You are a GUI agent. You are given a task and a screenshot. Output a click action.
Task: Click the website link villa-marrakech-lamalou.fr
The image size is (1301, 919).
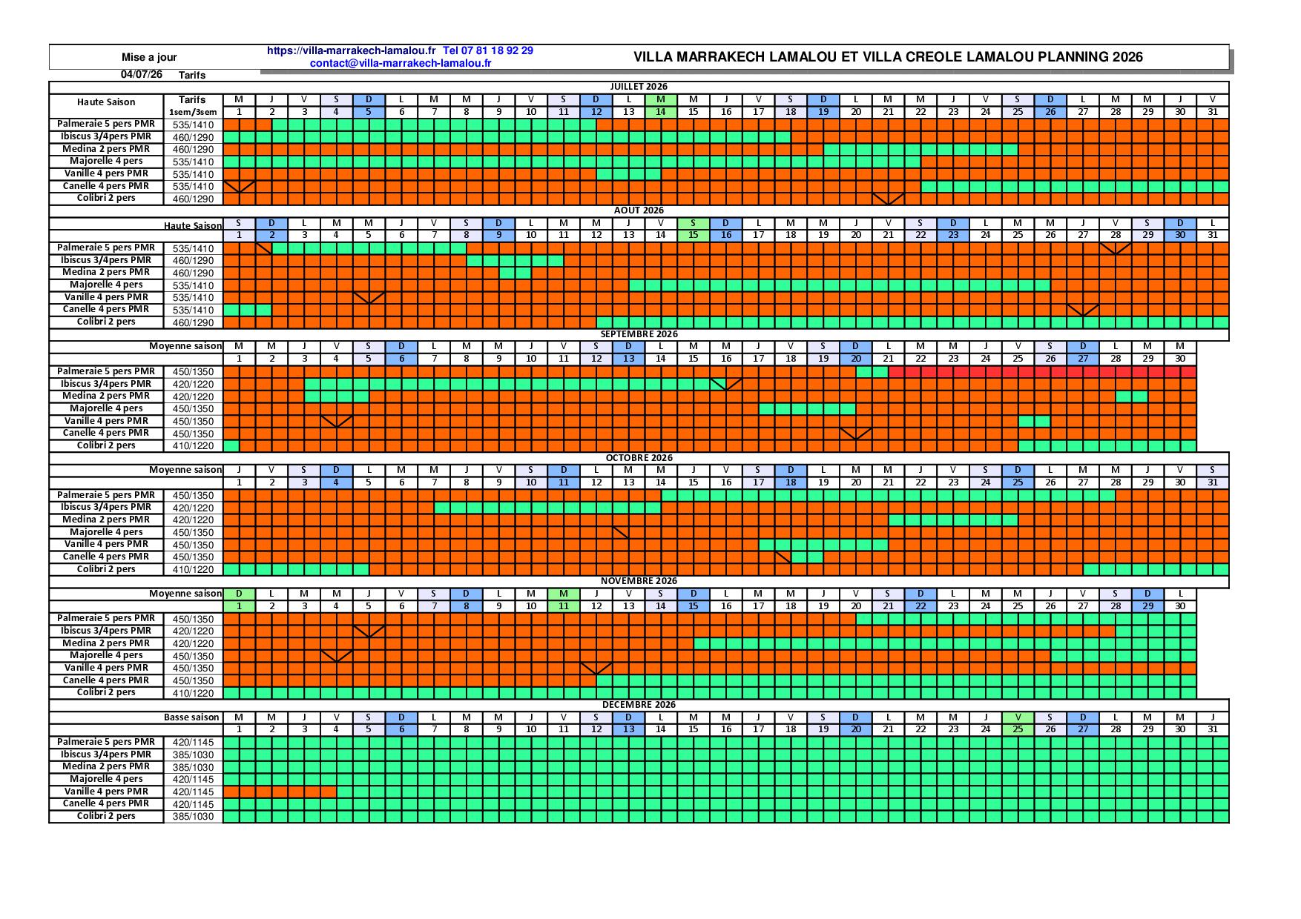[x=351, y=51]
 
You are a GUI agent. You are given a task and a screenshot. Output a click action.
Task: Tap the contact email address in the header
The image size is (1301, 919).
[x=401, y=63]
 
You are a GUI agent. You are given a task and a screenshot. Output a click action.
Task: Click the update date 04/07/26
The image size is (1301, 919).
[x=141, y=75]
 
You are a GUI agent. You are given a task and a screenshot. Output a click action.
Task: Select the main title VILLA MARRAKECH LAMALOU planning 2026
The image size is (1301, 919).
[x=888, y=57]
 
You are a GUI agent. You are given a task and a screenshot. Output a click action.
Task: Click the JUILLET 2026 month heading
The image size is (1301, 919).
[x=639, y=87]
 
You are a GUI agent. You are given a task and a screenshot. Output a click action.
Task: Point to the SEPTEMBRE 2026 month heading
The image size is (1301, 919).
[x=639, y=334]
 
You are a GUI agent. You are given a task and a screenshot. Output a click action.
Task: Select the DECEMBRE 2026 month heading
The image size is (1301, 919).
[x=639, y=705]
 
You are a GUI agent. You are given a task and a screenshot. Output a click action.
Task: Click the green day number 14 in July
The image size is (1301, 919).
[x=661, y=112]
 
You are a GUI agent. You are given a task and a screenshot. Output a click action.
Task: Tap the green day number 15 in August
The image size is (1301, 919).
[x=694, y=236]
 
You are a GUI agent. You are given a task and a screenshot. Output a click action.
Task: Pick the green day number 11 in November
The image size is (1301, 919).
[x=564, y=606]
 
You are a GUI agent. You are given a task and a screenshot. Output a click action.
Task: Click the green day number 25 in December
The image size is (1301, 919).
[x=1018, y=730]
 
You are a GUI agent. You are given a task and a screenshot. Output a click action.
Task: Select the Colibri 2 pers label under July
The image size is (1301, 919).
[x=106, y=199]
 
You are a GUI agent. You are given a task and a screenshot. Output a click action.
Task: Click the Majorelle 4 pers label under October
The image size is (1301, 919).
[x=106, y=532]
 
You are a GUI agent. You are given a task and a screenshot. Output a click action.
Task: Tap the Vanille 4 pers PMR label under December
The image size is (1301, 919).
[x=106, y=792]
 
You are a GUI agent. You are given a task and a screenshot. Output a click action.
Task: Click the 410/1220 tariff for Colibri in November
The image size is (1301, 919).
[x=193, y=694]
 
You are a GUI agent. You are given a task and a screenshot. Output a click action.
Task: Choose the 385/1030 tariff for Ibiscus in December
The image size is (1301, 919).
[x=193, y=755]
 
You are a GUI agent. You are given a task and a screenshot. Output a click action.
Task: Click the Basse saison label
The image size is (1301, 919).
[x=191, y=717]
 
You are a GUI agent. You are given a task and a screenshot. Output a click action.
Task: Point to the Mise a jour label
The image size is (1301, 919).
[x=149, y=57]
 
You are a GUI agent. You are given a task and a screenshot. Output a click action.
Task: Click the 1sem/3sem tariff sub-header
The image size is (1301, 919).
[x=193, y=112]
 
